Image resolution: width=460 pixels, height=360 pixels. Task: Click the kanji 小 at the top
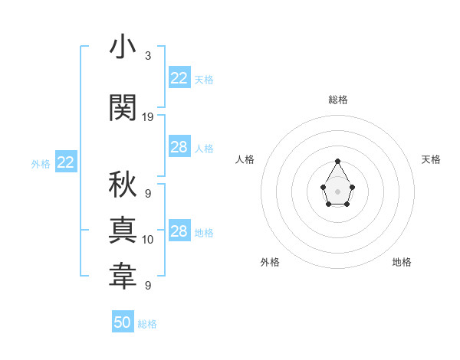(123, 48)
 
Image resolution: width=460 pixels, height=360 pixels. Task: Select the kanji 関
(123, 107)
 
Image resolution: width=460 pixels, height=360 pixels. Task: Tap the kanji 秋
(123, 185)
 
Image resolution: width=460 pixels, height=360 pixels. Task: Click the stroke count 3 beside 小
(147, 56)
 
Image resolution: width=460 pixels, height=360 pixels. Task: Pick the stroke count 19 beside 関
(148, 116)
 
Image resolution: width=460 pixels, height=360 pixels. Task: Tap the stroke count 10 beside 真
(148, 240)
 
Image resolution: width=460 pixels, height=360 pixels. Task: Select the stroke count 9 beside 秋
(147, 194)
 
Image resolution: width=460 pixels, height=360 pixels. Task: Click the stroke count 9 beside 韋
(147, 286)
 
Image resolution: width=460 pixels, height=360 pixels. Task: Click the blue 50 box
(123, 322)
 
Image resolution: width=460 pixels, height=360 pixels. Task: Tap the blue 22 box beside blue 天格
(179, 78)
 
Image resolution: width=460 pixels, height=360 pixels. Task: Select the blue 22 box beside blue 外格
(65, 162)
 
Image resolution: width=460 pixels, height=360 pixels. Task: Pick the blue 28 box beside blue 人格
(179, 147)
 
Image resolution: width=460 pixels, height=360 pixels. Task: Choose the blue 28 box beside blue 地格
(179, 231)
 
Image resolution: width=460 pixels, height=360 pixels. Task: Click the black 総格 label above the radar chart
(338, 100)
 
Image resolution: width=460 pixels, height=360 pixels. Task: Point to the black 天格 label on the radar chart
(431, 159)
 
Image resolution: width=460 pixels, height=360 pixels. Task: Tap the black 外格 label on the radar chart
(270, 262)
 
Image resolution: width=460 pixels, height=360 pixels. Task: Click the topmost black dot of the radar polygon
(338, 161)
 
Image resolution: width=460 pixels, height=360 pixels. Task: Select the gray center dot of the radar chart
(338, 190)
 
